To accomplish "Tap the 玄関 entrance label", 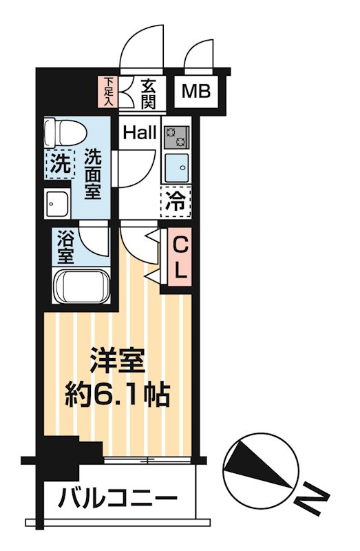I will click(x=147, y=94).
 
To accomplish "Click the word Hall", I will click(x=140, y=132).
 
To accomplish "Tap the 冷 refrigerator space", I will click(x=176, y=200).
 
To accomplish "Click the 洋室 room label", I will click(x=118, y=360).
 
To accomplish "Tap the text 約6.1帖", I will click(x=119, y=395).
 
